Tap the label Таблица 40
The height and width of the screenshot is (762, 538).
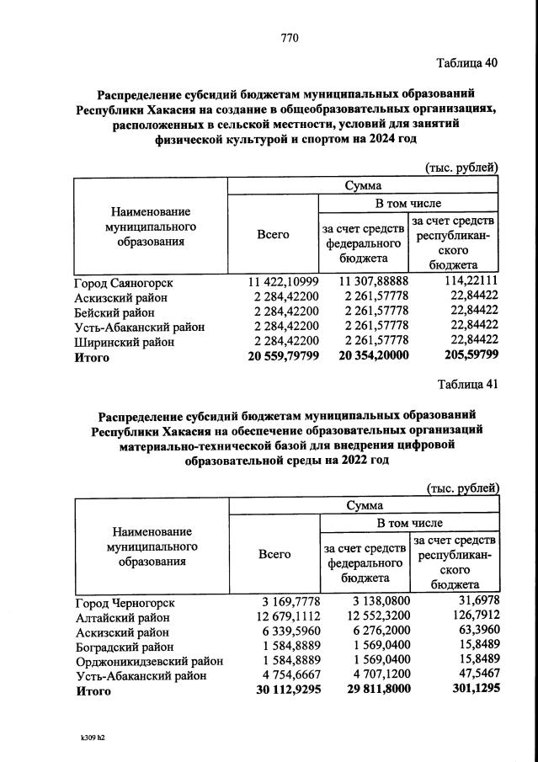point(466,64)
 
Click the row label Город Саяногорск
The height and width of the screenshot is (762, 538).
point(125,281)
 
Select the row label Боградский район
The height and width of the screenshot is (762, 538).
point(125,647)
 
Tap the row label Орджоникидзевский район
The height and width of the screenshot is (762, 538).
point(150,662)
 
